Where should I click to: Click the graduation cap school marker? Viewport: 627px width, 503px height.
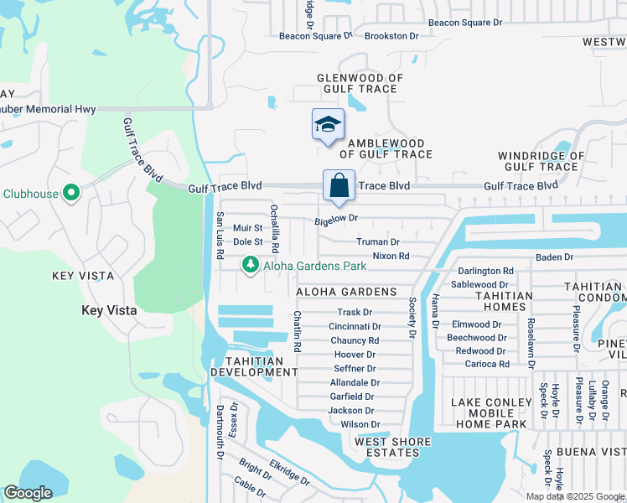coord(328,126)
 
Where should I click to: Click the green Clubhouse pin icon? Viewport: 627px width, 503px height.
coord(71,194)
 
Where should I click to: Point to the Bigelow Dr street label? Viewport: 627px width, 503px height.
coord(336,220)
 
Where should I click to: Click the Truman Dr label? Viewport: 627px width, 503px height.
coord(377,241)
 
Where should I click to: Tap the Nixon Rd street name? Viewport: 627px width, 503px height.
coord(391,256)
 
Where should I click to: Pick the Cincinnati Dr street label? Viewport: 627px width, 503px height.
coord(355,326)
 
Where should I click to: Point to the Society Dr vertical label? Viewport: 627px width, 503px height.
coord(412,318)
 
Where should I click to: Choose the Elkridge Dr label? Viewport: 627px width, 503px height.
coord(289,472)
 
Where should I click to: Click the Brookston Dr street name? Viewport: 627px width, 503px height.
coord(391,36)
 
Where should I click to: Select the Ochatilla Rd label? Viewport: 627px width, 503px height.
coord(274,228)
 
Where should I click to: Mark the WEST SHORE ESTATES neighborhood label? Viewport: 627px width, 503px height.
coord(392,447)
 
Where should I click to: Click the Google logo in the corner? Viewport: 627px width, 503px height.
coord(28,493)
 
